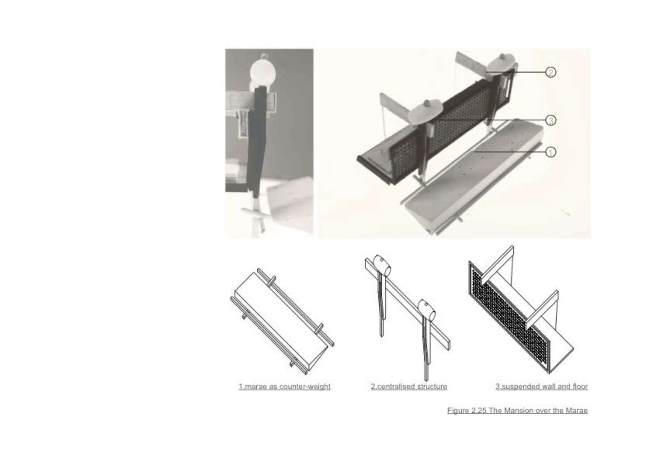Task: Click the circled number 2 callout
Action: pyautogui.click(x=551, y=72)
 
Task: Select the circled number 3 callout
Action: pyautogui.click(x=551, y=120)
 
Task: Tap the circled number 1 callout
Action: pyautogui.click(x=551, y=152)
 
